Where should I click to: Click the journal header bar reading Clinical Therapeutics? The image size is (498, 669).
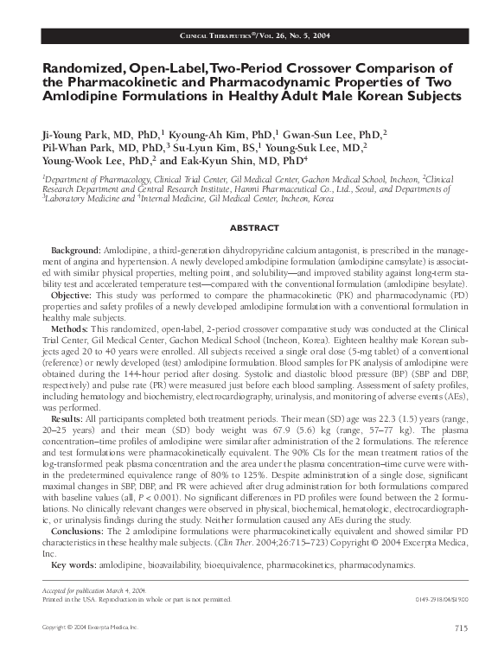[248, 35]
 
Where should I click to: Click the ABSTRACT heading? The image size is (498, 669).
[248, 229]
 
